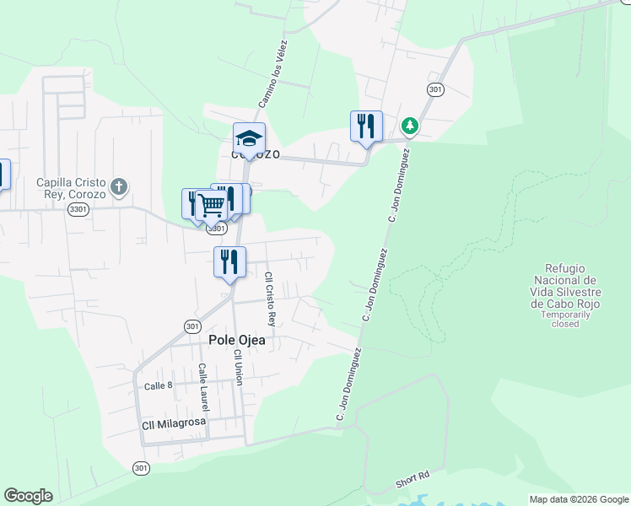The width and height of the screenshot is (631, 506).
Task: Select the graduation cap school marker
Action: tap(250, 138)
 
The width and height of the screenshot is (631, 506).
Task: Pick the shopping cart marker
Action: tap(212, 204)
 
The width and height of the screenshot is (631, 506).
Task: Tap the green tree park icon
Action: tap(410, 126)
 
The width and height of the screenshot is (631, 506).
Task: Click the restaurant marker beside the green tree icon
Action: tap(366, 126)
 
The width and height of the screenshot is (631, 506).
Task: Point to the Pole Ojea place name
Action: tap(237, 340)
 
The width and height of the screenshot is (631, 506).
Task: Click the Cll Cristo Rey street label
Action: tap(270, 299)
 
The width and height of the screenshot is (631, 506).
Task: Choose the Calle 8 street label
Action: tap(158, 385)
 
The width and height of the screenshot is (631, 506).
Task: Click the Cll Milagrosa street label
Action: tap(175, 425)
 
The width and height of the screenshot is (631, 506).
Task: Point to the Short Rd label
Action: tap(413, 482)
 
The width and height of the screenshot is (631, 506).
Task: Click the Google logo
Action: tap(28, 496)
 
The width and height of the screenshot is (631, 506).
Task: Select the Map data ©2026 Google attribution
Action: tap(579, 499)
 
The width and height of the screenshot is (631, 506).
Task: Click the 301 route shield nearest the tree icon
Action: tap(435, 89)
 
